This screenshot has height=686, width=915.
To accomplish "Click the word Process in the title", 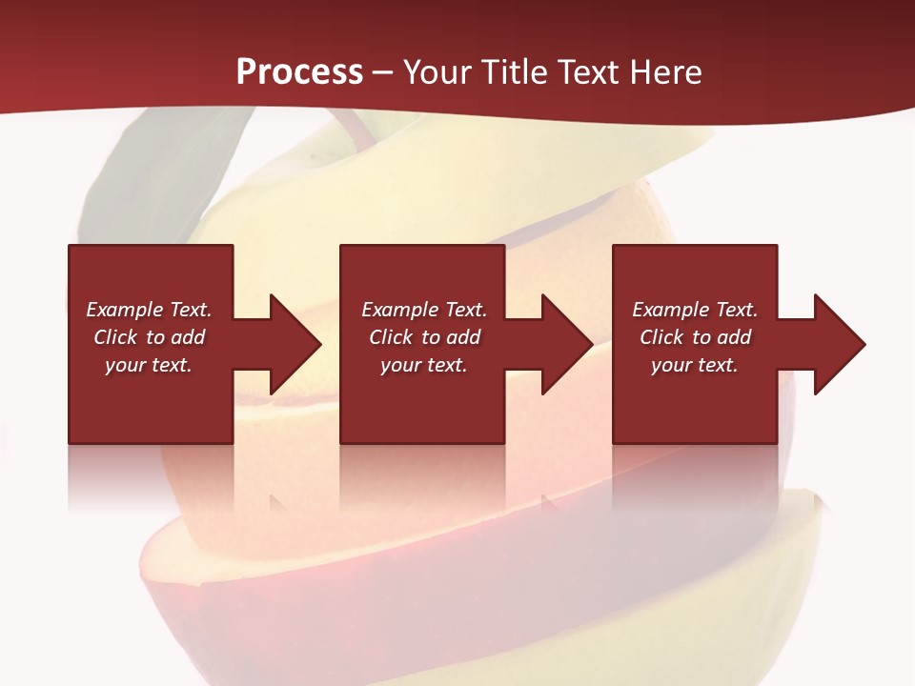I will click(x=299, y=72).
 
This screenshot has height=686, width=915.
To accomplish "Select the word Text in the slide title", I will click(x=587, y=72).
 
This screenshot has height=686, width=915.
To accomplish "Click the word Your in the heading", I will click(x=437, y=72).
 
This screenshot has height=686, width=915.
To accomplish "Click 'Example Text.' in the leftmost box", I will click(x=149, y=310).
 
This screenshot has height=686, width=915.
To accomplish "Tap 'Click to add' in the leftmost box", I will click(x=149, y=337).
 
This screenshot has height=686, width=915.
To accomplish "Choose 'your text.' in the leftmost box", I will click(x=149, y=365).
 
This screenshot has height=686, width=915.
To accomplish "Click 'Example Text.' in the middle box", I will click(x=424, y=310).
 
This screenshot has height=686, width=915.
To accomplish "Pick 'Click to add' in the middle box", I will click(x=424, y=337).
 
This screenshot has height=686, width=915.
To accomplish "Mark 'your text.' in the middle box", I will click(x=424, y=365).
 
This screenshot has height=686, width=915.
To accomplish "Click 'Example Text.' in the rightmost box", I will click(x=695, y=310).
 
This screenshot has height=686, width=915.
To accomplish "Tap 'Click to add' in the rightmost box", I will click(x=695, y=337).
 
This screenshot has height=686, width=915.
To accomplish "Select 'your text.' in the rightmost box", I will click(x=695, y=365).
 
